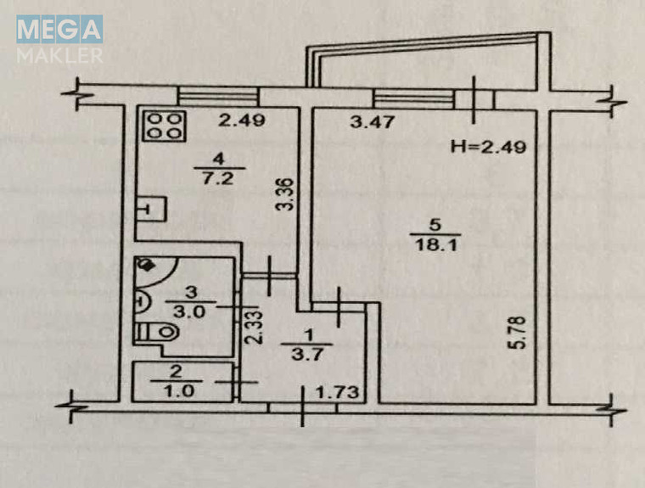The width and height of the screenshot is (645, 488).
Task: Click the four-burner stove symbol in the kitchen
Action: click(165, 126)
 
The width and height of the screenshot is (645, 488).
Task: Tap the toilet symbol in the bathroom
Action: click(157, 333)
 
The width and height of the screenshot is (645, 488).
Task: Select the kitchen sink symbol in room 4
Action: click(151, 209)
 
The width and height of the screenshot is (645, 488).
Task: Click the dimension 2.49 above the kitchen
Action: click(242, 121)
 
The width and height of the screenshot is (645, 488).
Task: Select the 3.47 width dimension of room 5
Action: click(373, 122)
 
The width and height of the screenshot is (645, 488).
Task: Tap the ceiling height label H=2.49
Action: click(488, 147)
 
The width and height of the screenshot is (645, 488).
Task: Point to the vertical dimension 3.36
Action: click(284, 194)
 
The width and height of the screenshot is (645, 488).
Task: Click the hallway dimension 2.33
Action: click(253, 328)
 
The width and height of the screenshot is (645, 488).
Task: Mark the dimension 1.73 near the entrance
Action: click(337, 392)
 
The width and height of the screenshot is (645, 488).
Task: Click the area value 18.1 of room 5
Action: click(436, 245)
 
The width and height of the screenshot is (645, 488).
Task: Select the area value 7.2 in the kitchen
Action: click(218, 178)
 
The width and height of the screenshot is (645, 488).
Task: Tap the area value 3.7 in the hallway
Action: click(307, 354)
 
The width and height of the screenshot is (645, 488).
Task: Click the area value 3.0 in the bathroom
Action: click(188, 311)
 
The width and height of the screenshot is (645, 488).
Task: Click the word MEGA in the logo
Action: click(59, 29)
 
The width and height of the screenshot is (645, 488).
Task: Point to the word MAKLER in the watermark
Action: click(60, 55)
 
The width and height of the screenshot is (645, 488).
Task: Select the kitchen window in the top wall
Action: click(218, 97)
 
